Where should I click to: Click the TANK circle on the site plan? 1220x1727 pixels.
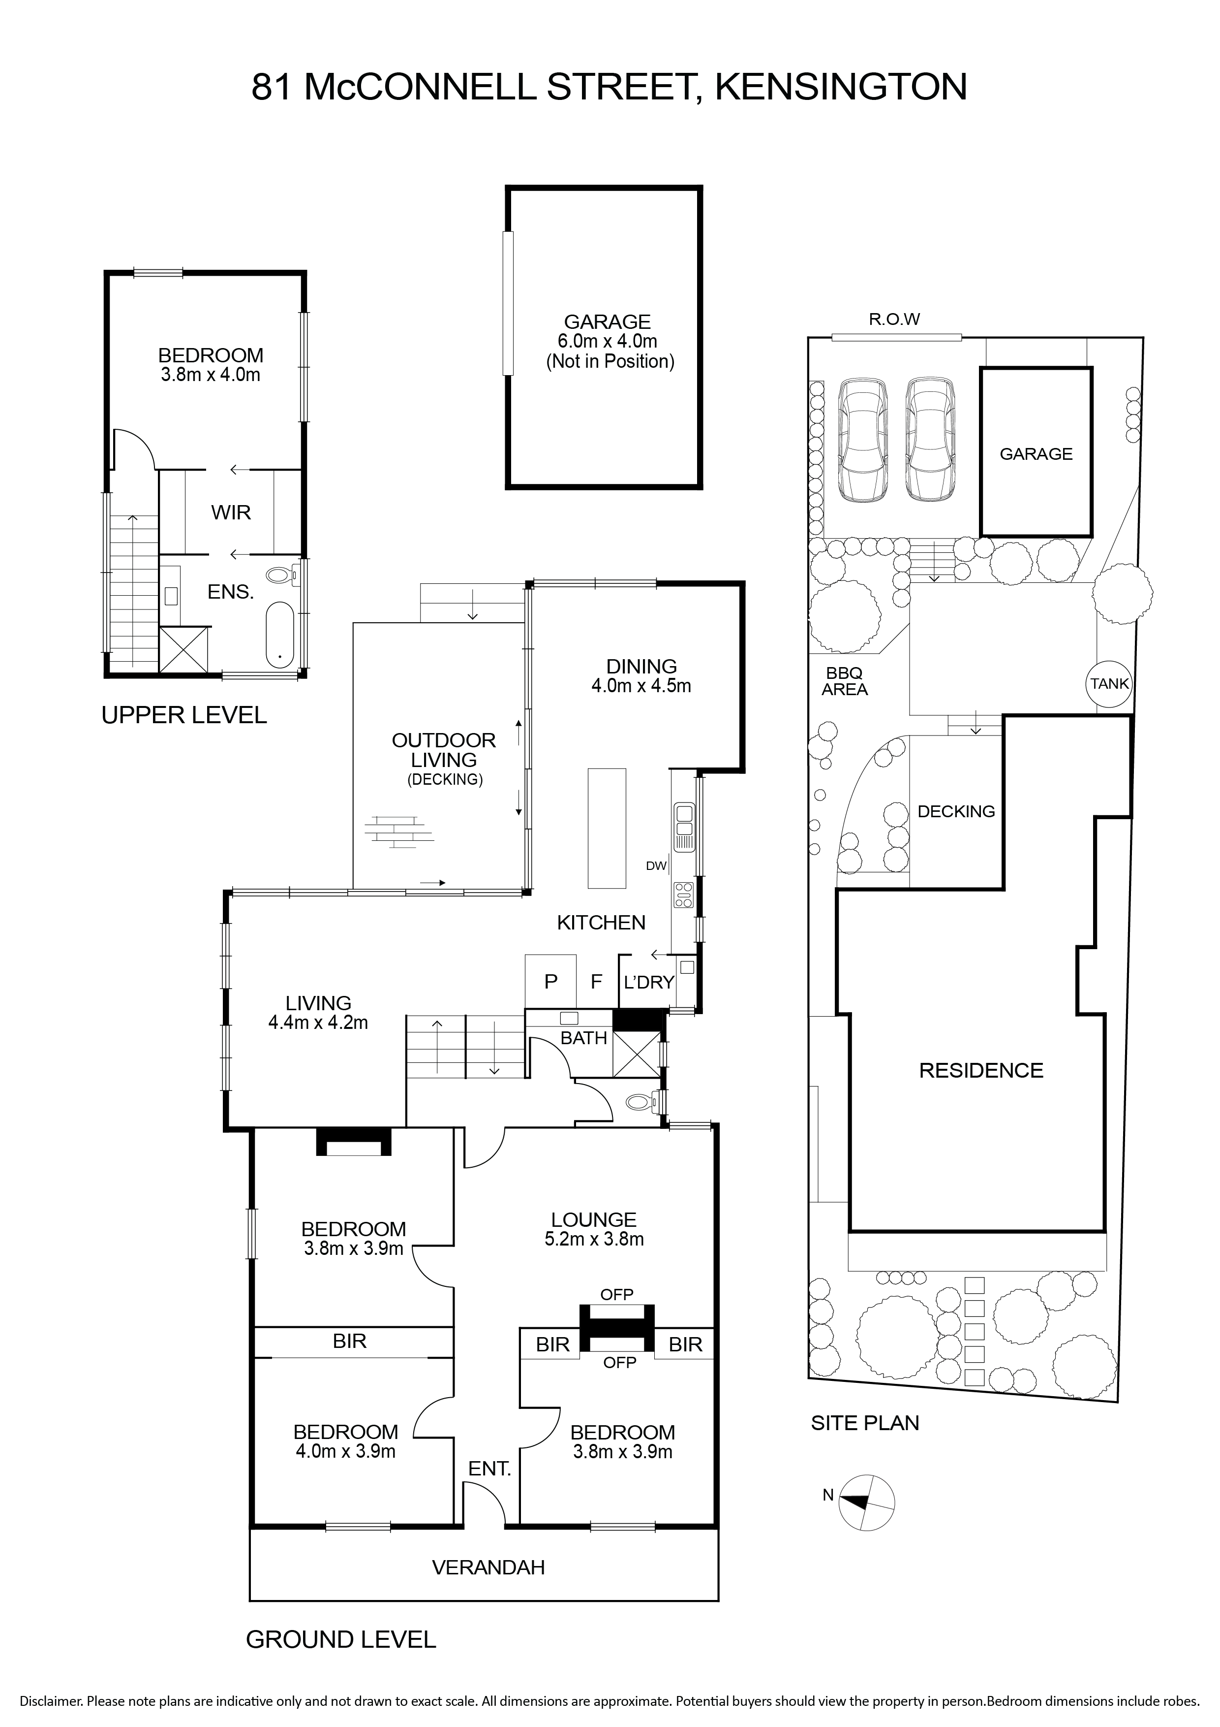1109,684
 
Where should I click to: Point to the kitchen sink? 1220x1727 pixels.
684,828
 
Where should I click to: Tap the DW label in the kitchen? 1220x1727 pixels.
656,866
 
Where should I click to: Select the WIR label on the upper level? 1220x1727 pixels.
231,512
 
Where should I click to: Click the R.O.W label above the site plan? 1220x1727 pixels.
894,319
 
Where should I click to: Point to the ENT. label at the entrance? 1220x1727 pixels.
489,1468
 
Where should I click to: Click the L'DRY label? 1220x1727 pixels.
649,982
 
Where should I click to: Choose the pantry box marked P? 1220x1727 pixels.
550,981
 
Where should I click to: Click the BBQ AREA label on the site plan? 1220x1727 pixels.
845,681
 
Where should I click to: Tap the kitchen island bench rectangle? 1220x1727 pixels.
607,828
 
